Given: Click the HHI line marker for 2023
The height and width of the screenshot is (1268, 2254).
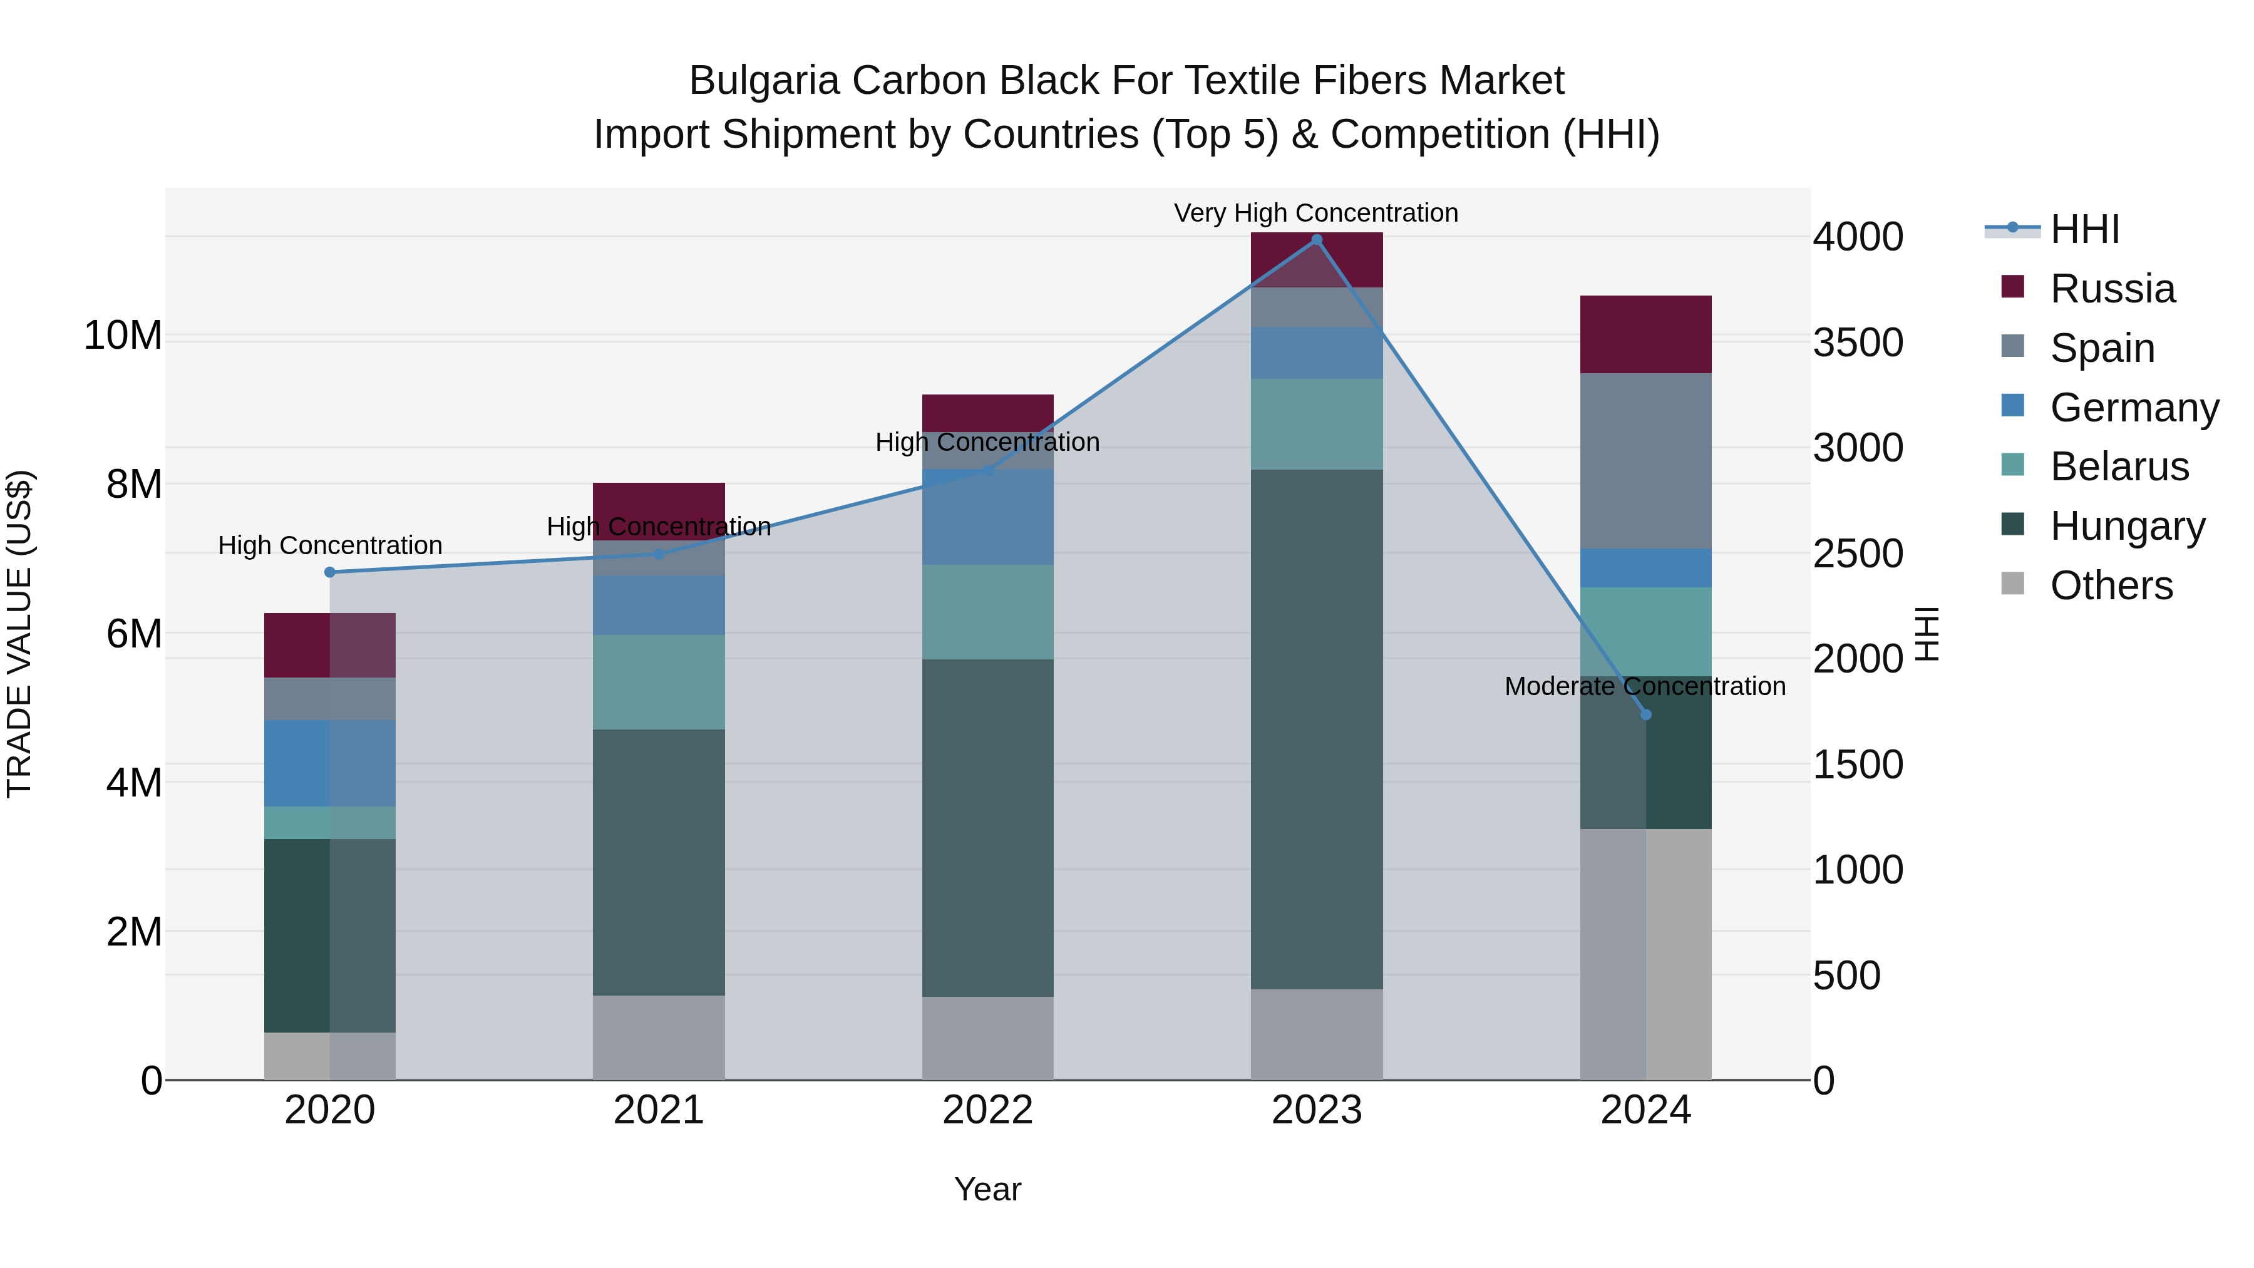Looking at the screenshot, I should pyautogui.click(x=1316, y=240).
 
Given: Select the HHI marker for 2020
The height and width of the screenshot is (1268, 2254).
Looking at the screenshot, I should pyautogui.click(x=330, y=572).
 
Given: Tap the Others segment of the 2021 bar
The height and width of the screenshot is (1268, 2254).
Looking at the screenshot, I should pyautogui.click(x=658, y=1037).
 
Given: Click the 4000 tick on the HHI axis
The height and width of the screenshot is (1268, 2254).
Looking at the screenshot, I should pyautogui.click(x=1857, y=237).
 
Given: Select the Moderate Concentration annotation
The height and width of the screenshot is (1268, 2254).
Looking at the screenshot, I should pyautogui.click(x=1644, y=686).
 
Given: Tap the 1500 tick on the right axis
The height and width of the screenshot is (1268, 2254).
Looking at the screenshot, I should pyautogui.click(x=1857, y=765).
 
